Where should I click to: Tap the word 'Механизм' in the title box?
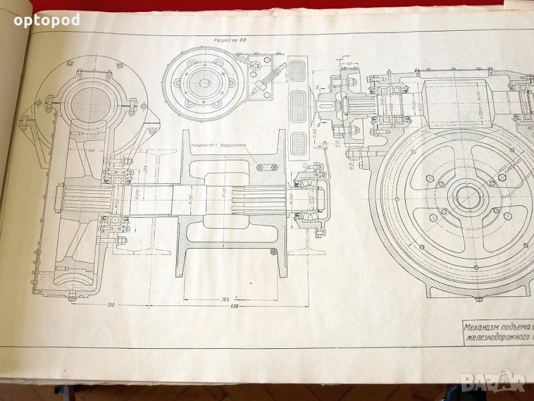[x=487, y=327]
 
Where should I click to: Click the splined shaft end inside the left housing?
[x=82, y=199]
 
